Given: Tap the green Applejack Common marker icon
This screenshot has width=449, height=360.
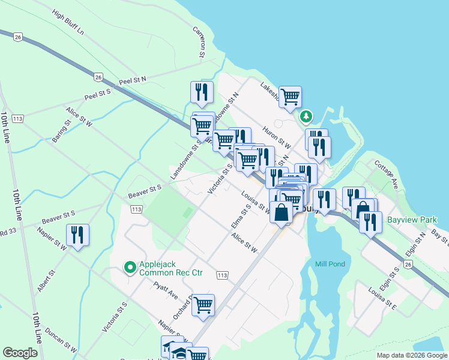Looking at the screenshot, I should (129, 268).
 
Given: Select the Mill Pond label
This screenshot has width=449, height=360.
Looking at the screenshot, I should (330, 264).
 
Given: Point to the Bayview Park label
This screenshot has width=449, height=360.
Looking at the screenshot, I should (412, 220).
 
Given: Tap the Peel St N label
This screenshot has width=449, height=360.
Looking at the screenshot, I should (133, 80).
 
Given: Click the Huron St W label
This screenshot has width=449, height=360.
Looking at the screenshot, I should (277, 137).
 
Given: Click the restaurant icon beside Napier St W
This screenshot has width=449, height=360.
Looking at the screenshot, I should (78, 235).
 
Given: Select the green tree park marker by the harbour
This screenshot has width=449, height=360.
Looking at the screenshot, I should (307, 115).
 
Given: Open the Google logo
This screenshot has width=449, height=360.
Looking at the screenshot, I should (20, 353).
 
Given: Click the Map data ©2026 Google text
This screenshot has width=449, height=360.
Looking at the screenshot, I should (411, 355).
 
